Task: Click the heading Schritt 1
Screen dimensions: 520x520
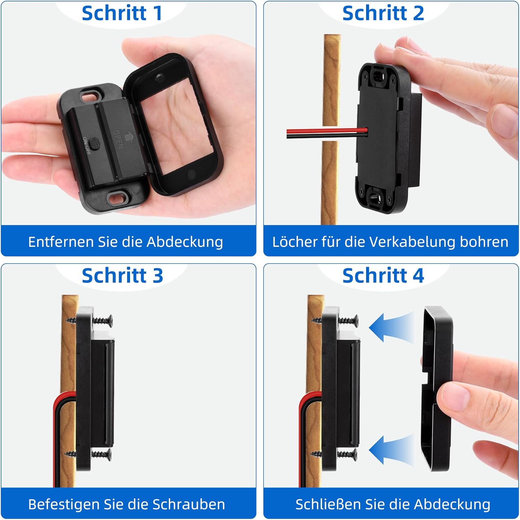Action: click(122, 13)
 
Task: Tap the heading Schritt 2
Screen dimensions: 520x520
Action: click(383, 13)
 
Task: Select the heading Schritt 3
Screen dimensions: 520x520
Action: click(122, 276)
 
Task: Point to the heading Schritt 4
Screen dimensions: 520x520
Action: click(383, 276)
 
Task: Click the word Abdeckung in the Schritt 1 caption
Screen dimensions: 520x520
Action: click(185, 242)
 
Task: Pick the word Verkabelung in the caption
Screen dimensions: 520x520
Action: click(412, 242)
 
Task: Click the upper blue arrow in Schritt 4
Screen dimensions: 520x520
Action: click(391, 327)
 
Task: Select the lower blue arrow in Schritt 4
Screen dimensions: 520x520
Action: click(391, 450)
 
